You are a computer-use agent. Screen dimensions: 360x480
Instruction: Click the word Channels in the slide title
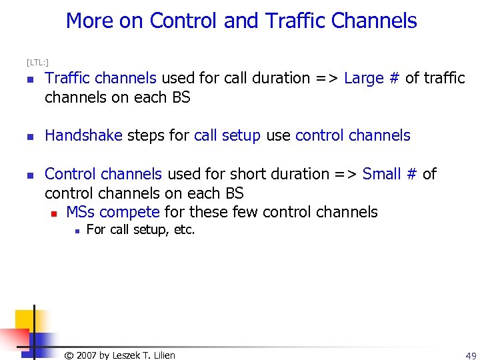tap(374, 21)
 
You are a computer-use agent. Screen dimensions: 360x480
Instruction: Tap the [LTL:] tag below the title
tap(37, 63)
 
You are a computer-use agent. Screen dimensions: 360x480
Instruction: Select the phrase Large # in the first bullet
tap(371, 79)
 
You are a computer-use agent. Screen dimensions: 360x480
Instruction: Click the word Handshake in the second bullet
tap(83, 136)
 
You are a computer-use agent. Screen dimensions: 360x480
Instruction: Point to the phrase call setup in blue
tap(227, 136)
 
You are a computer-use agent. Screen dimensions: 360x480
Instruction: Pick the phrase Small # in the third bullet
tap(390, 175)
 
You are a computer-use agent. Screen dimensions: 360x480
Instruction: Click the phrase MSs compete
tap(113, 213)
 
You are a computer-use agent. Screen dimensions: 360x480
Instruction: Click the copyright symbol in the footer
tap(69, 355)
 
